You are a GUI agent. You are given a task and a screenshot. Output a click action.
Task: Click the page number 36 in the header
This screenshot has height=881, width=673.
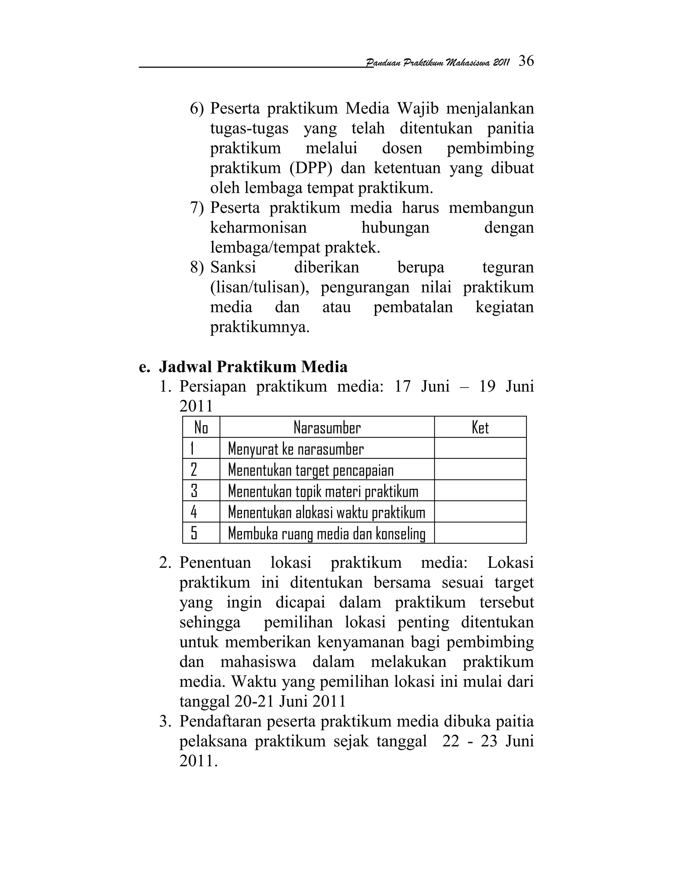pos(526,61)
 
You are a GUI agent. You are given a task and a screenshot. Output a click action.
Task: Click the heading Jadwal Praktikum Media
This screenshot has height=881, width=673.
pos(253,367)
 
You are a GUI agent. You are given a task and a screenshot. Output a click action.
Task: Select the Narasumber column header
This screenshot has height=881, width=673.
pos(327,428)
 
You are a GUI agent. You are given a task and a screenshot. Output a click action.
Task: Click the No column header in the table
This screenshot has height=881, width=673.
pos(201,428)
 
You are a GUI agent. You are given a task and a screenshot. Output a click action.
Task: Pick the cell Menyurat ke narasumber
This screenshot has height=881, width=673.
pos(296,449)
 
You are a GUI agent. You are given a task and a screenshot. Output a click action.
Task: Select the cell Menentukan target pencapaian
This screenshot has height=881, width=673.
pos(311,470)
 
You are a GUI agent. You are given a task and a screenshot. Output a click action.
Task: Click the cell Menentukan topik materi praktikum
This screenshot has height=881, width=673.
pos(323,492)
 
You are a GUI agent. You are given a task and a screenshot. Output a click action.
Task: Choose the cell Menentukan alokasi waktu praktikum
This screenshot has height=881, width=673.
pos(327,513)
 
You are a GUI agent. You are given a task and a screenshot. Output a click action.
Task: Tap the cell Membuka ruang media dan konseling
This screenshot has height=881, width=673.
pos(327,534)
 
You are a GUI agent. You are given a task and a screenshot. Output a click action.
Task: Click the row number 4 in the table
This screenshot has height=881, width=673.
pos(194,513)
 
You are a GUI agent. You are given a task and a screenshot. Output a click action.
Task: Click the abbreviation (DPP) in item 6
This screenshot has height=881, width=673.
pos(311,168)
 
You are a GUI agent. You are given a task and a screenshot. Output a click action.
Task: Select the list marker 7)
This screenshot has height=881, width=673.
pos(197,208)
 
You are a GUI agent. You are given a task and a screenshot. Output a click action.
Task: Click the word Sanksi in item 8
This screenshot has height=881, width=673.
pos(233,267)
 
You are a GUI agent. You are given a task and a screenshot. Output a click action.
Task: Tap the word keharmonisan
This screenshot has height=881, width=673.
pos(258,228)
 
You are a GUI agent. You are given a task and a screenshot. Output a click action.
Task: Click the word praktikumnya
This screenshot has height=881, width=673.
pos(260,328)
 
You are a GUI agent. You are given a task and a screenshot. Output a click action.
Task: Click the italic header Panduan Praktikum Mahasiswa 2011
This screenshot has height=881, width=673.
pos(438,63)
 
